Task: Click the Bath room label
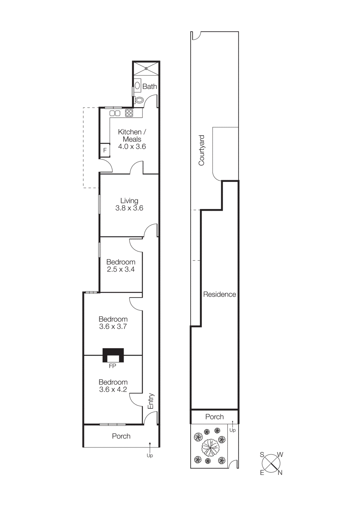(x=149, y=87)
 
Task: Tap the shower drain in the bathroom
(x=146, y=68)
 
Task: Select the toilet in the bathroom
(x=139, y=100)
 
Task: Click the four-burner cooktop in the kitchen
(x=129, y=113)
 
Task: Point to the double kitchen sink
(x=115, y=113)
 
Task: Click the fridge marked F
(x=105, y=150)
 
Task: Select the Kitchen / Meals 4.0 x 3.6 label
(x=132, y=139)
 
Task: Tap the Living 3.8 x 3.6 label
(x=129, y=204)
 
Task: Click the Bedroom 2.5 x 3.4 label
(x=121, y=266)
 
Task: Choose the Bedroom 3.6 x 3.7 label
(x=113, y=323)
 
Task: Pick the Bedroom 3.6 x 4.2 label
(x=113, y=386)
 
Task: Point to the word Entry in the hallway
(x=151, y=401)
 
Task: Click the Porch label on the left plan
(x=121, y=436)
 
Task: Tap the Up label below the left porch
(x=150, y=456)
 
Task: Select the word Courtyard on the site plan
(x=201, y=150)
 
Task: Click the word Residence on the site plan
(x=220, y=295)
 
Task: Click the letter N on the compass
(x=280, y=473)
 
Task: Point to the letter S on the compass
(x=262, y=455)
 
